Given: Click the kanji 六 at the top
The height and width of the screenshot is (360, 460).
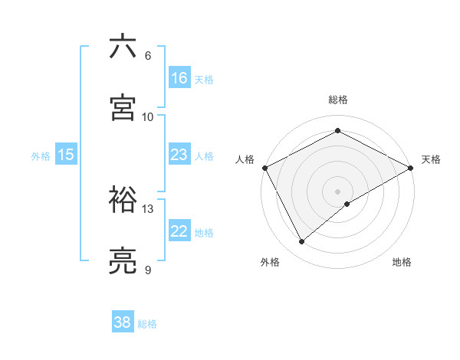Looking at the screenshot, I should (x=123, y=47).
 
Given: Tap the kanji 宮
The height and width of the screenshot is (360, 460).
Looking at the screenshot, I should (x=123, y=108).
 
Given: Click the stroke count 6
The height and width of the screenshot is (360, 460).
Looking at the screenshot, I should (x=148, y=56).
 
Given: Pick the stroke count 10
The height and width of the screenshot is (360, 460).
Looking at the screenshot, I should (x=148, y=117).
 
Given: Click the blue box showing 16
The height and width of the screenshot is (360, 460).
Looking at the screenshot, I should (x=179, y=78).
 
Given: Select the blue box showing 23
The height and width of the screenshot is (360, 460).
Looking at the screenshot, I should (x=179, y=155).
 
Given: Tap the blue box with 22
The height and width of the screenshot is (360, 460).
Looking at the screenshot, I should (x=179, y=231).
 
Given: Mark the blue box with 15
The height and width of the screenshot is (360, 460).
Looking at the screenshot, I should (x=66, y=155).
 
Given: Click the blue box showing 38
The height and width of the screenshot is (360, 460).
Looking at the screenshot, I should (x=123, y=322).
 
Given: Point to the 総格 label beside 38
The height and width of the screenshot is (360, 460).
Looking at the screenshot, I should (x=147, y=324).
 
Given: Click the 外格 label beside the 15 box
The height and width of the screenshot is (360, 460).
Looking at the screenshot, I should (x=41, y=155).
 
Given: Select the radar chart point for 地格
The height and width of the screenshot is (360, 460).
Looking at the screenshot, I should (x=348, y=204).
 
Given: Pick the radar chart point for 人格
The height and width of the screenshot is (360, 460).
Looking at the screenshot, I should (x=264, y=168).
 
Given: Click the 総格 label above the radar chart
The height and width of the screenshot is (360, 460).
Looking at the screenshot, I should (x=338, y=100).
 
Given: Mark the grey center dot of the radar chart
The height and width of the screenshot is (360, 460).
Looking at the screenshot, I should (x=338, y=191).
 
